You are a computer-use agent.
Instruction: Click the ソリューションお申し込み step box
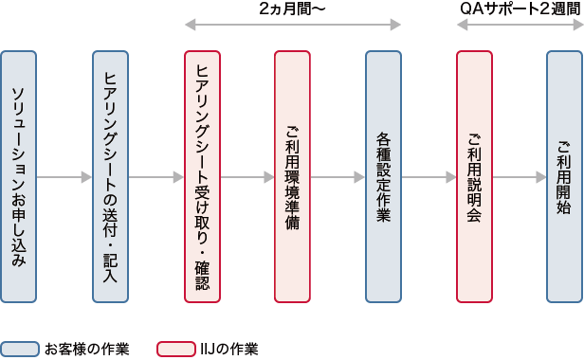pyautogui.click(x=19, y=177)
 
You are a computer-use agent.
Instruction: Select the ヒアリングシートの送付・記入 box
pyautogui.click(x=110, y=177)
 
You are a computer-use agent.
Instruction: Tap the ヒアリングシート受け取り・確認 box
pyautogui.click(x=202, y=177)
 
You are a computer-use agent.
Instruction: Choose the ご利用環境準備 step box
pyautogui.click(x=292, y=177)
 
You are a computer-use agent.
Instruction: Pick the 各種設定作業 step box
pyautogui.click(x=383, y=177)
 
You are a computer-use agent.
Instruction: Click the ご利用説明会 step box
pyautogui.click(x=474, y=177)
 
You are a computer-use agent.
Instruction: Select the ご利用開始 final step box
pyautogui.click(x=564, y=177)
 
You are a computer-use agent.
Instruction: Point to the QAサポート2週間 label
pyautogui.click(x=520, y=9)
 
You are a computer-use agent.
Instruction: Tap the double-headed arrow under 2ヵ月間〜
pyautogui.click(x=292, y=26)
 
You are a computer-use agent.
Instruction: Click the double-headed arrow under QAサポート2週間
pyautogui.click(x=519, y=26)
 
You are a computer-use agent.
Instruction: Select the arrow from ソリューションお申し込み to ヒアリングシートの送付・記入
pyautogui.click(x=64, y=177)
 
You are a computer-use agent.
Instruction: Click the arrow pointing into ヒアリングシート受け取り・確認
pyautogui.click(x=156, y=177)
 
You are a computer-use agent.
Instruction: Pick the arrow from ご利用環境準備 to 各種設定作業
pyautogui.click(x=338, y=177)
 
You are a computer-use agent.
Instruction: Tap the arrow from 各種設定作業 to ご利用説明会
pyautogui.click(x=429, y=177)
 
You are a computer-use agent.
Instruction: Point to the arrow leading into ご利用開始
pyautogui.click(x=520, y=177)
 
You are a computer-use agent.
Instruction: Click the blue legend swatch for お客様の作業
pyautogui.click(x=19, y=349)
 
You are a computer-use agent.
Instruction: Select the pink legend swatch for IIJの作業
pyautogui.click(x=175, y=349)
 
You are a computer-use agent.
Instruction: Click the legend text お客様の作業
pyautogui.click(x=86, y=349)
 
